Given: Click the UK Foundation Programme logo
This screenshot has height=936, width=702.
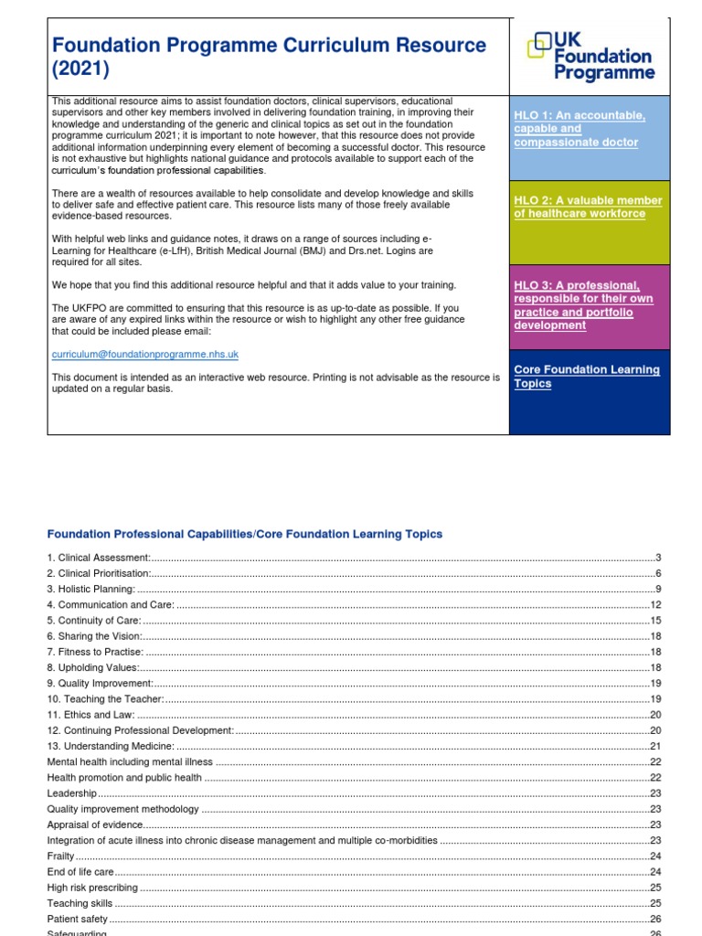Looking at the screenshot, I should point(590,55).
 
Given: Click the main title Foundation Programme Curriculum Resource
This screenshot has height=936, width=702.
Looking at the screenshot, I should point(269,56).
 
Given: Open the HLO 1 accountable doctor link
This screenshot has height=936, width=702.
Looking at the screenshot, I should point(580,129).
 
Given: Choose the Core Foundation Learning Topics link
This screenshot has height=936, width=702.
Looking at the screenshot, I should point(586,377).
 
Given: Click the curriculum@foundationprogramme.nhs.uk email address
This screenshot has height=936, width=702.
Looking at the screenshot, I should point(145,354).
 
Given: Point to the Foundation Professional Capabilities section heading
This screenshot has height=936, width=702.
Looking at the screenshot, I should point(245,534).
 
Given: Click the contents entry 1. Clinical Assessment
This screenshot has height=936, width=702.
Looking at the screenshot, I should point(99,558).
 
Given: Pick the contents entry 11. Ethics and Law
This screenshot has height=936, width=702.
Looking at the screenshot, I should point(91,715).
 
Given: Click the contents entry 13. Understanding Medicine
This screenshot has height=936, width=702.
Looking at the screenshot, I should point(111,747).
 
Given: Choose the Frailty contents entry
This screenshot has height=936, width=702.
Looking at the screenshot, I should point(60,856).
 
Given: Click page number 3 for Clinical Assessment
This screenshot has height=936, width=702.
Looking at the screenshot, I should point(657,558).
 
